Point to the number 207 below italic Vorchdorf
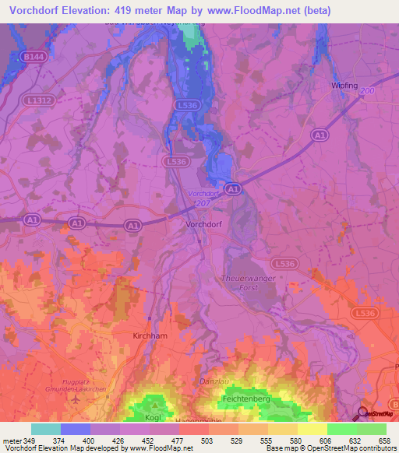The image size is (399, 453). pyautogui.click(x=202, y=202)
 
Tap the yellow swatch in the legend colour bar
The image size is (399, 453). pyautogui.click(x=312, y=429)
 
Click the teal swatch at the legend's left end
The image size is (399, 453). pyautogui.click(x=46, y=429)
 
